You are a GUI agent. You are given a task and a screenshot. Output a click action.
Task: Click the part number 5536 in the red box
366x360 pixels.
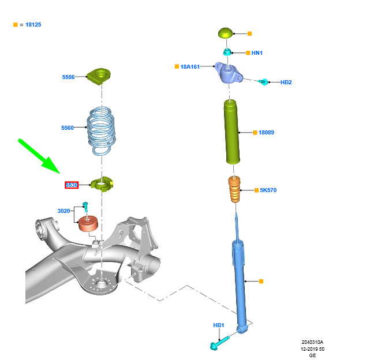[x=72, y=185]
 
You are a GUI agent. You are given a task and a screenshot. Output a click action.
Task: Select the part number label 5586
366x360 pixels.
[x=68, y=77]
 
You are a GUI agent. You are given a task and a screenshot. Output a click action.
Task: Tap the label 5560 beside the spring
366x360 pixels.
[x=67, y=128]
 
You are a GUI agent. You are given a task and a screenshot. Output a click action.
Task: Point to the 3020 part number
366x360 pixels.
[x=64, y=211]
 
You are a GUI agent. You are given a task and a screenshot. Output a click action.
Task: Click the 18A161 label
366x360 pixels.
[x=190, y=67]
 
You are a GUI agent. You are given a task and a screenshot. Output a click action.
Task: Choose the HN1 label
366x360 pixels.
[x=257, y=53]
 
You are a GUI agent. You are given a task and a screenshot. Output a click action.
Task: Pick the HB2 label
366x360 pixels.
[x=286, y=82]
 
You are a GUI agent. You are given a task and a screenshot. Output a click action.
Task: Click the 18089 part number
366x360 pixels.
[x=266, y=133]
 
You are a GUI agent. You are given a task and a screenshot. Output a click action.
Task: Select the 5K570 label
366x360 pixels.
[x=268, y=190]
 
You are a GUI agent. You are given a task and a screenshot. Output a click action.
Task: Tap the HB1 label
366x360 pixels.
[x=218, y=325]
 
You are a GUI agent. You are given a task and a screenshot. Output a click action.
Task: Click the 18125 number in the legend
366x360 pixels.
[x=33, y=25]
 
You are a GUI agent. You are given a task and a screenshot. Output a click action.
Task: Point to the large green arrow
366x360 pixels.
[x=39, y=156]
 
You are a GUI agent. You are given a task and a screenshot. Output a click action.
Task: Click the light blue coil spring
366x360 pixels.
[x=101, y=130]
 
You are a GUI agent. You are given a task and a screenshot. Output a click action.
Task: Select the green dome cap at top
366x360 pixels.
[x=226, y=33]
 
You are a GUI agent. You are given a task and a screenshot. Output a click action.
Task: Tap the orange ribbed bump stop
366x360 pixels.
[x=234, y=189]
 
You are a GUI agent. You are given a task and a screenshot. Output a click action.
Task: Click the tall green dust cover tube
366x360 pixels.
[x=232, y=132]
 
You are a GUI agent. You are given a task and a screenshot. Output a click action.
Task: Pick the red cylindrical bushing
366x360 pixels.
[x=88, y=223]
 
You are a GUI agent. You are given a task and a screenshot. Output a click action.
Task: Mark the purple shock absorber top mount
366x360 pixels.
[x=229, y=73]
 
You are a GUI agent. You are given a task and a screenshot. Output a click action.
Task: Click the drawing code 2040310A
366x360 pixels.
[x=312, y=342]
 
